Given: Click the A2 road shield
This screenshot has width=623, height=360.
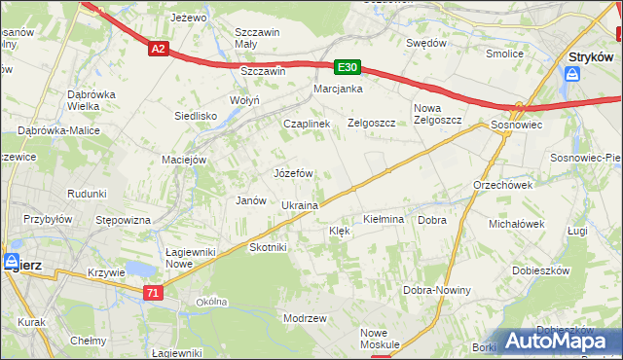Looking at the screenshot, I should click(x=159, y=48).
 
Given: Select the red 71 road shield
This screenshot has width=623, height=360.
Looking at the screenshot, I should click(x=152, y=292).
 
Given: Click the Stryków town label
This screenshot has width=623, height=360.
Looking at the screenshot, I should click(x=589, y=57).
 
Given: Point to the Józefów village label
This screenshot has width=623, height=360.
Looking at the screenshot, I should click(x=293, y=173).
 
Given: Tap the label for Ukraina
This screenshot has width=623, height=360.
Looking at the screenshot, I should click(x=300, y=206).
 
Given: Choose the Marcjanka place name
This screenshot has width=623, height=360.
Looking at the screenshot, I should click(x=338, y=90).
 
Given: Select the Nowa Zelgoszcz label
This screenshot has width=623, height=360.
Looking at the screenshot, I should click(x=437, y=113).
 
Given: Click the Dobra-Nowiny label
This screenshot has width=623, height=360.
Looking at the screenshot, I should click(x=437, y=291).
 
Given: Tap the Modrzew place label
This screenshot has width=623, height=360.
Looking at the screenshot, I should click(x=304, y=319).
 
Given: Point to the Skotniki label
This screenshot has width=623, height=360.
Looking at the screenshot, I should click(x=268, y=247).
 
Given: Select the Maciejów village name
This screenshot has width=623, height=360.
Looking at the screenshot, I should click(x=185, y=160).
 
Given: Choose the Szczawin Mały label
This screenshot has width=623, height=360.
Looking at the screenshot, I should click(x=259, y=37).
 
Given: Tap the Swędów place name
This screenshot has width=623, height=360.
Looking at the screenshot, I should click(x=425, y=44).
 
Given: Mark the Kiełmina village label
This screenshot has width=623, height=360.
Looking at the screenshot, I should click(x=384, y=220).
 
